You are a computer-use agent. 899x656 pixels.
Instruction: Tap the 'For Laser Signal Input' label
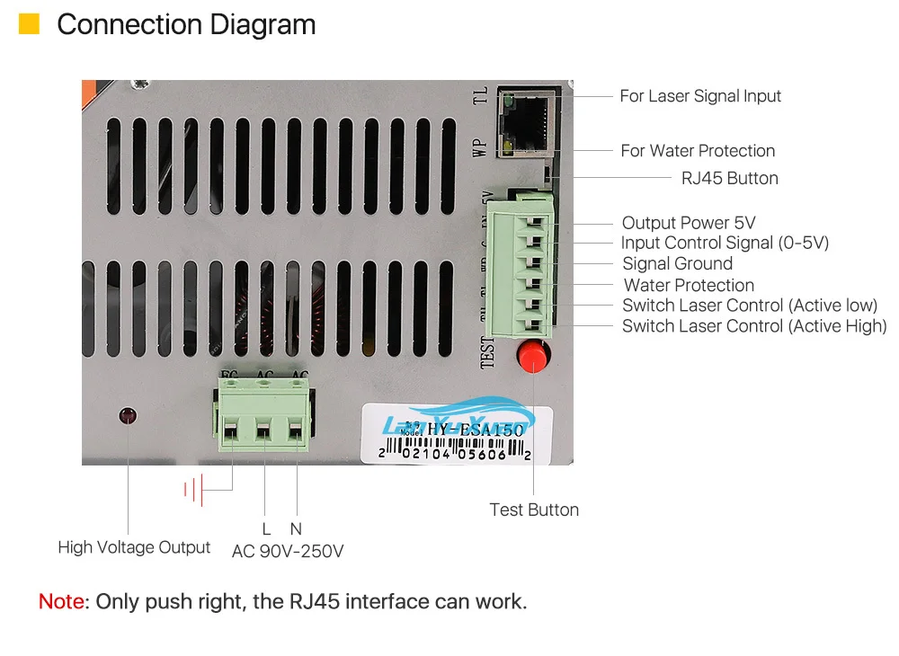point(700,96)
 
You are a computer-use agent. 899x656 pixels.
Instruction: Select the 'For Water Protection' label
point(698,151)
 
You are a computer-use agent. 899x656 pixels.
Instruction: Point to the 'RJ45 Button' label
point(729,178)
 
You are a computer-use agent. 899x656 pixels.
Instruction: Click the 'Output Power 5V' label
point(689,223)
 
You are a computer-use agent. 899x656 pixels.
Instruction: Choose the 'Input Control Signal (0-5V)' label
point(725,243)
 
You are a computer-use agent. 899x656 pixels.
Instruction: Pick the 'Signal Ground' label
point(677,263)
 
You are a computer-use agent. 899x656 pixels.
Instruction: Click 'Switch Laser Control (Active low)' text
point(750,306)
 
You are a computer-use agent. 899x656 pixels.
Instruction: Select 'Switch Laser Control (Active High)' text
point(754,326)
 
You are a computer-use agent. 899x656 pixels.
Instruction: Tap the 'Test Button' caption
point(534,510)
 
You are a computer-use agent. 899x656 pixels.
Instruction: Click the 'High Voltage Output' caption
point(134,547)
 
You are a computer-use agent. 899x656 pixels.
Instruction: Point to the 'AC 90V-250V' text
point(288,551)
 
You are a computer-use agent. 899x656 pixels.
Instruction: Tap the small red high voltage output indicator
point(128,415)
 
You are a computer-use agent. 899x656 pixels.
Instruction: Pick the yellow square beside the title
point(29,24)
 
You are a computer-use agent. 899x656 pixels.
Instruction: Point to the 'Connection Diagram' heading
point(186,24)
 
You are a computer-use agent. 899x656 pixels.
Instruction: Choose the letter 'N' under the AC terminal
point(296,529)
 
